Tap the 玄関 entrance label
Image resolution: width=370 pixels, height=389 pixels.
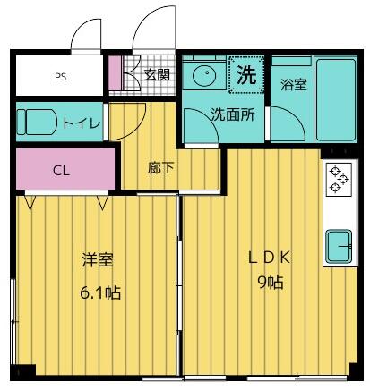pos(157,75)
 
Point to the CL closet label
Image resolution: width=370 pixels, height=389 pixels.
pos(61,170)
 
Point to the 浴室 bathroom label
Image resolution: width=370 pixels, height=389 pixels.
pos(293,85)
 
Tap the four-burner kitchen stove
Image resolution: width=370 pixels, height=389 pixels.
pos(339,180)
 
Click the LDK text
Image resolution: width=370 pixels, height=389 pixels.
pos(269,258)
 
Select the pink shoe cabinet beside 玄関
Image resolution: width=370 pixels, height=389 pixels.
pos(115,75)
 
